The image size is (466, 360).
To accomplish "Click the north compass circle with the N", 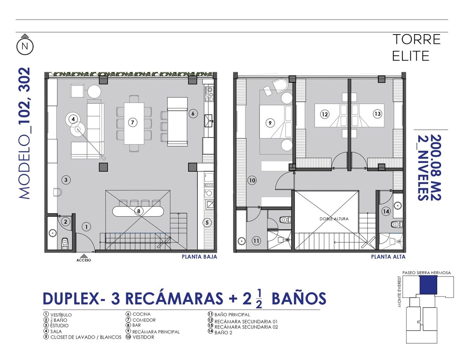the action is pyautogui.click(x=25, y=46).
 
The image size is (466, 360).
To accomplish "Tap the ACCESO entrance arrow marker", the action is pyautogui.click(x=84, y=256).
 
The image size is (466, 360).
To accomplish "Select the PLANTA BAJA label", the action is pyautogui.click(x=200, y=257).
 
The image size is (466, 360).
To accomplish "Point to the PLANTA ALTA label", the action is pyautogui.click(x=388, y=257).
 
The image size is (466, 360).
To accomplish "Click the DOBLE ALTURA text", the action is pyautogui.click(x=334, y=219).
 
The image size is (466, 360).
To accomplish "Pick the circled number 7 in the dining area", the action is pyautogui.click(x=132, y=122).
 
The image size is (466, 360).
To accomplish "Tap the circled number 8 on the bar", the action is pyautogui.click(x=139, y=211).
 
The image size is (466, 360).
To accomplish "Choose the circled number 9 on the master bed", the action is pyautogui.click(x=270, y=123).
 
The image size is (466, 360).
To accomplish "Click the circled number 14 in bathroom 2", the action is pyautogui.click(x=386, y=211).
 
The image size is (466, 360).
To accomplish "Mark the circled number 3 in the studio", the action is pyautogui.click(x=66, y=180).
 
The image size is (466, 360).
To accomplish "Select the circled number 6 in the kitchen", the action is pyautogui.click(x=193, y=113).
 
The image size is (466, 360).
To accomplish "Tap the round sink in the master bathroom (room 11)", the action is pyautogui.click(x=242, y=240).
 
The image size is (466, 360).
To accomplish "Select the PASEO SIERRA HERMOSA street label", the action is pyautogui.click(x=426, y=273).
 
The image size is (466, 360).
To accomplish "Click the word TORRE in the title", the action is pyautogui.click(x=416, y=40).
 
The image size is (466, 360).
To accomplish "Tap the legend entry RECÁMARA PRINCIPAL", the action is pyautogui.click(x=156, y=332).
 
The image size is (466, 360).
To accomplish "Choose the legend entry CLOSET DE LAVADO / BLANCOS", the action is pyautogui.click(x=86, y=337).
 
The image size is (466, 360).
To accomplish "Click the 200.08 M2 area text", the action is pyautogui.click(x=436, y=167).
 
